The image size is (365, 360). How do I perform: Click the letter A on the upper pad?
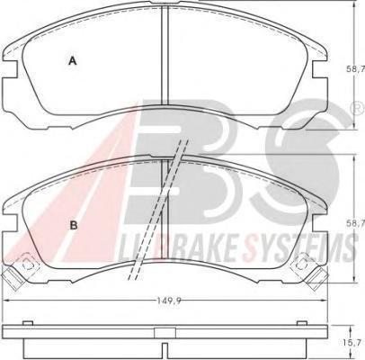click(73, 61)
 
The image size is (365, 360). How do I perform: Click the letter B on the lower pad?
click(74, 225)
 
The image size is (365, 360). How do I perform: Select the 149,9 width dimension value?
click(166, 301)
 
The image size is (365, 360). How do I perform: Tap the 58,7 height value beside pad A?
click(356, 69)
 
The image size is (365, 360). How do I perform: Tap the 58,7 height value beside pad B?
click(356, 223)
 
